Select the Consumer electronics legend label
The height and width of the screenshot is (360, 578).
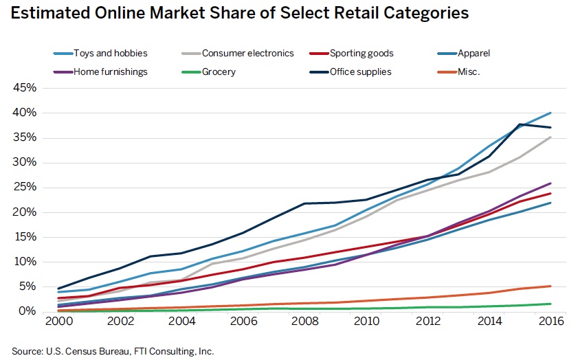[248, 53]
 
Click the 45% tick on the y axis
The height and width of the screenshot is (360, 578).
[22, 88]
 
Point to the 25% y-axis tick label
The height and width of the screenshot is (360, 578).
[22, 188]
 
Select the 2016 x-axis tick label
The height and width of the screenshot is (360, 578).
[551, 321]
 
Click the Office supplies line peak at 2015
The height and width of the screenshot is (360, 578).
[519, 124]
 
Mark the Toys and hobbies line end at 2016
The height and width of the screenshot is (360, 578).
[551, 113]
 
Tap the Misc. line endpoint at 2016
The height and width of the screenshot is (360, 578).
[551, 286]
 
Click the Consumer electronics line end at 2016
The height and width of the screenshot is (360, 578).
[551, 137]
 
